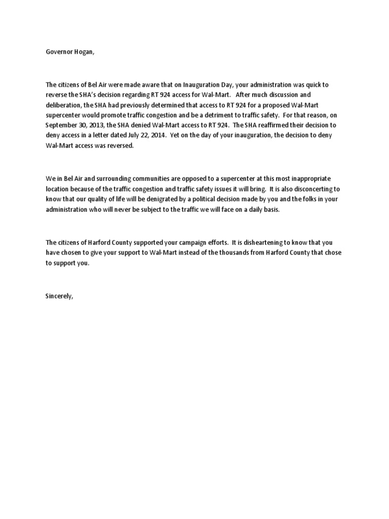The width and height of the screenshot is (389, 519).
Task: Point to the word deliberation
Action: (63, 105)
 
